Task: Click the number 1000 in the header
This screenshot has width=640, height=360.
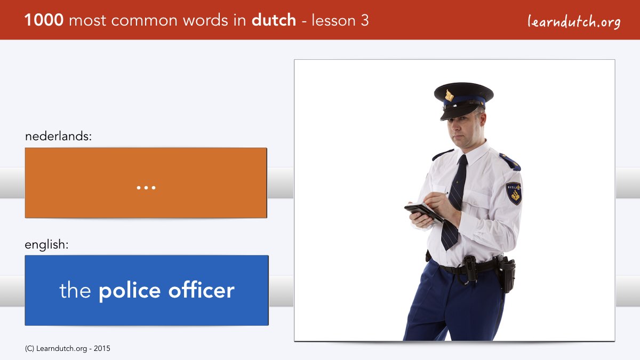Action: pos(44,20)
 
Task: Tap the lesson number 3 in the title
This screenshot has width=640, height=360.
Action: pos(365,20)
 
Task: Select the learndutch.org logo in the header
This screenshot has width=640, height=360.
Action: pos(574,22)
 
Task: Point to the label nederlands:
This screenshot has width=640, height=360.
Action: pos(58,136)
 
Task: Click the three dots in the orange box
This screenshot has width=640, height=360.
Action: pos(146,188)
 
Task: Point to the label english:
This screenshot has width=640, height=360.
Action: pos(46,245)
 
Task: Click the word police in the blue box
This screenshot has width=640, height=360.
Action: pos(130,291)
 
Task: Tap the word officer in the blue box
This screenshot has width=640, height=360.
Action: pos(202,290)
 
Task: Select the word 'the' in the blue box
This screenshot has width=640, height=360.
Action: pos(75,290)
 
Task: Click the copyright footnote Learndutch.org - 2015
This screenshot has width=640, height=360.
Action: pos(67,349)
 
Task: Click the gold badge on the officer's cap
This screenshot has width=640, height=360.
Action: pos(449,95)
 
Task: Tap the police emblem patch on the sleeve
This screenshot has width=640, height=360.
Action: pos(514,194)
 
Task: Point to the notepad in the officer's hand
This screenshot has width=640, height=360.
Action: pos(423,212)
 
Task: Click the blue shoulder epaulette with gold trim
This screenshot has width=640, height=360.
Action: pos(510,162)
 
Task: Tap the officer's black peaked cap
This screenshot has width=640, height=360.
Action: pos(463,100)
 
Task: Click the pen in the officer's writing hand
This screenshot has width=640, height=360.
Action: pos(444,194)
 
